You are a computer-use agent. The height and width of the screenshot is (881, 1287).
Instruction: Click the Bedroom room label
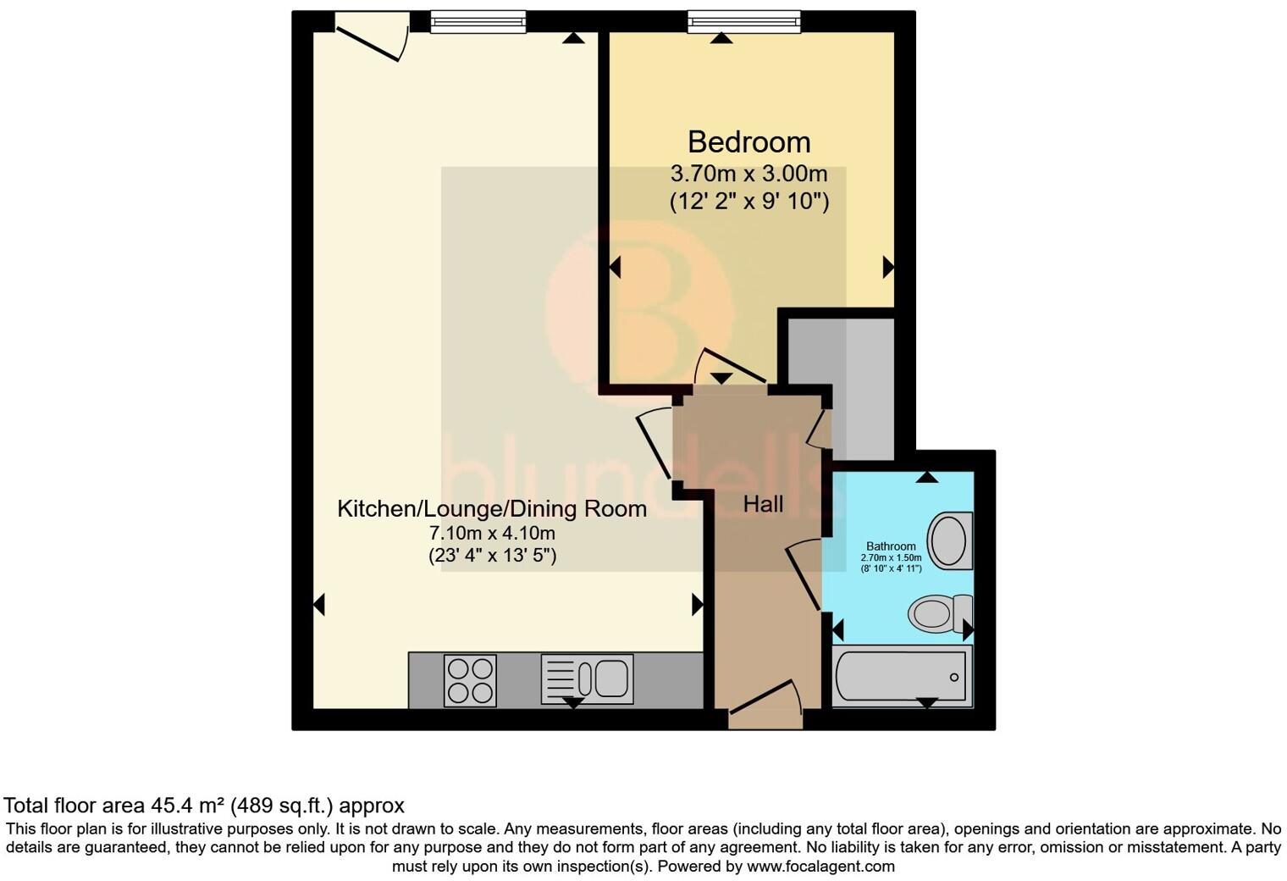click(x=748, y=141)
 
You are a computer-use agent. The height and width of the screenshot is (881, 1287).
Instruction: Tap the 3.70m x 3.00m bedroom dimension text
click(x=748, y=175)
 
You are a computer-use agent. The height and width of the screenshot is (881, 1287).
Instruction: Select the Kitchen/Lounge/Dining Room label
click(x=492, y=508)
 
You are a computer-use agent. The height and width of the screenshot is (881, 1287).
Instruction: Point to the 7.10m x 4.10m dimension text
click(x=492, y=534)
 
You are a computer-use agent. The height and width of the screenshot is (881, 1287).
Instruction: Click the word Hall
click(x=763, y=505)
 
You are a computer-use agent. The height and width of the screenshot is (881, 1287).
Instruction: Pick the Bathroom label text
click(x=891, y=546)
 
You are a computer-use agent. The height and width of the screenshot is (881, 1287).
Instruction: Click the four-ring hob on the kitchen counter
click(x=470, y=680)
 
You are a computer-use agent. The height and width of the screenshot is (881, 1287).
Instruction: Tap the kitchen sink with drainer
click(x=587, y=679)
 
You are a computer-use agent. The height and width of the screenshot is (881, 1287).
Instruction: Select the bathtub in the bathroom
click(x=902, y=678)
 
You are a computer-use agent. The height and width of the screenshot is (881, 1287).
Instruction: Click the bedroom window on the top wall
click(x=743, y=21)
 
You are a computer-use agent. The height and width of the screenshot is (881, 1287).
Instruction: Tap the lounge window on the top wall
click(x=478, y=21)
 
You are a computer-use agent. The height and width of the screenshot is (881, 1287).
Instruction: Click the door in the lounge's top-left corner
click(x=369, y=41)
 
